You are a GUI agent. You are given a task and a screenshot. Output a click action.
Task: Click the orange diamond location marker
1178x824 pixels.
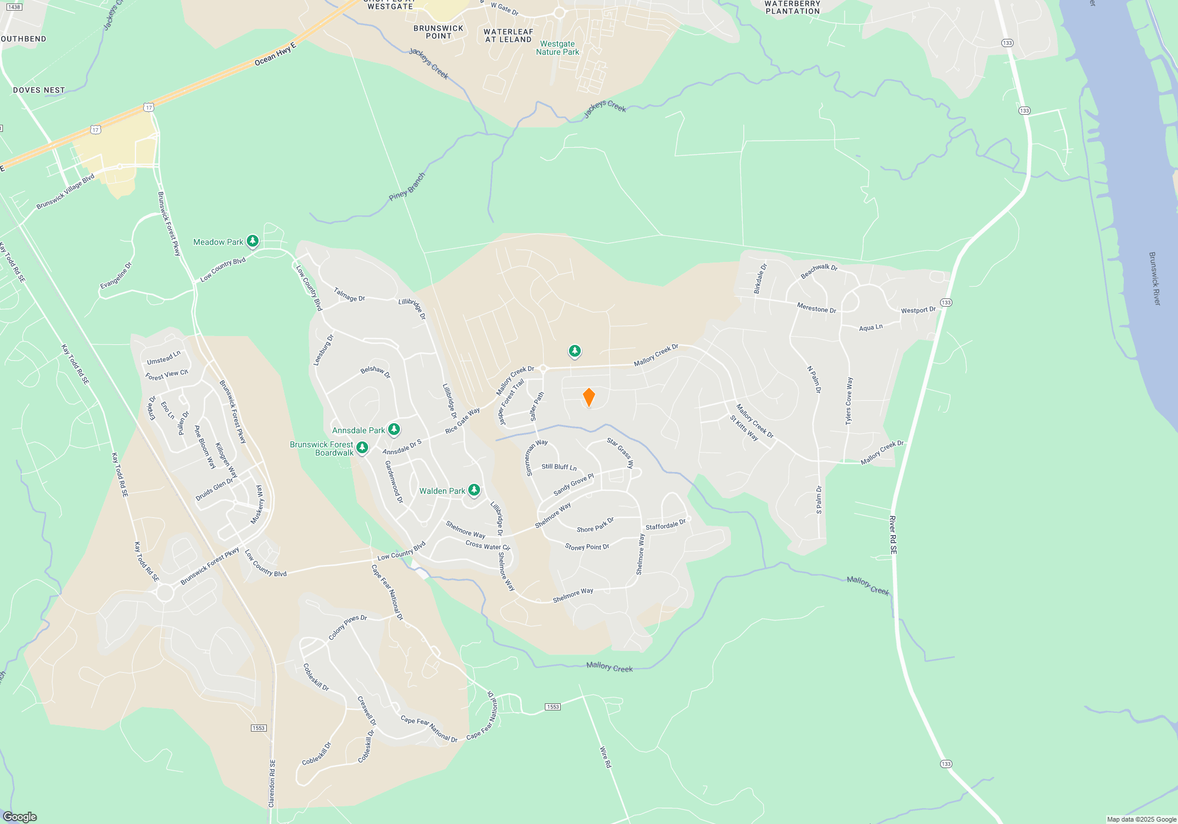tap(588, 397)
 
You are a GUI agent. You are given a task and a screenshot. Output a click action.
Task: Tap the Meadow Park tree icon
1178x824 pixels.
tap(253, 241)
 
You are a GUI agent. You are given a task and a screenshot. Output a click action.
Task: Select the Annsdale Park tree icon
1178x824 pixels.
tap(394, 430)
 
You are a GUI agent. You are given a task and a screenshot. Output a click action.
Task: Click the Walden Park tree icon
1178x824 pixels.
tap(474, 490)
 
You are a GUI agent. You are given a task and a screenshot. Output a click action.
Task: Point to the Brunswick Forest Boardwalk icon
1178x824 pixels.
tap(362, 448)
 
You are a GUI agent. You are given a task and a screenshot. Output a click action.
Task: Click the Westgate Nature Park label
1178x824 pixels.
tap(557, 48)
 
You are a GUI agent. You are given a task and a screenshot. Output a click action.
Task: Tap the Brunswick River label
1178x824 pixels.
tap(1154, 278)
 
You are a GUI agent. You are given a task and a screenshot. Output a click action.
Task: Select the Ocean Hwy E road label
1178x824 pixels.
tap(275, 54)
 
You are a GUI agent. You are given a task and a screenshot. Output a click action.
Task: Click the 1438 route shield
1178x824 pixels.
tap(14, 7)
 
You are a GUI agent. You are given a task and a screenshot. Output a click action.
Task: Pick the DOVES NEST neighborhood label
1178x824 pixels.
tap(39, 90)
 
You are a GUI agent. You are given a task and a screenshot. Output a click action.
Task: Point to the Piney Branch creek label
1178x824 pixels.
tap(407, 187)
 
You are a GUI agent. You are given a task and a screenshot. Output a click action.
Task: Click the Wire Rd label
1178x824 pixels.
tap(605, 757)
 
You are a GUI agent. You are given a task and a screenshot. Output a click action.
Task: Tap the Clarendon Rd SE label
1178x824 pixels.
tap(272, 783)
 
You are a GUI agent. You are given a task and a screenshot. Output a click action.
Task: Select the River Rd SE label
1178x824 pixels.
tap(893, 534)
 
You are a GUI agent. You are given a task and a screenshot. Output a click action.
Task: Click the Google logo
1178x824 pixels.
tap(20, 816)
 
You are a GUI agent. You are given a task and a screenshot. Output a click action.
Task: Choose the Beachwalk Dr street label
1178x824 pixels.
tap(819, 271)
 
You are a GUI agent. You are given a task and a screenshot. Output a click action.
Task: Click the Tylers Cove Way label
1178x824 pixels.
tap(849, 401)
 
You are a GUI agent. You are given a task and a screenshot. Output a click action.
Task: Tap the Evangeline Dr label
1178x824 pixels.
tap(116, 275)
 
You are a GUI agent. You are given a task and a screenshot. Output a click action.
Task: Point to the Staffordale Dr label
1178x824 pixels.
tap(666, 524)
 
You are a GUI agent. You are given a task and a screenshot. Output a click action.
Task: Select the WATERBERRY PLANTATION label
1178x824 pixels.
tap(792, 7)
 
